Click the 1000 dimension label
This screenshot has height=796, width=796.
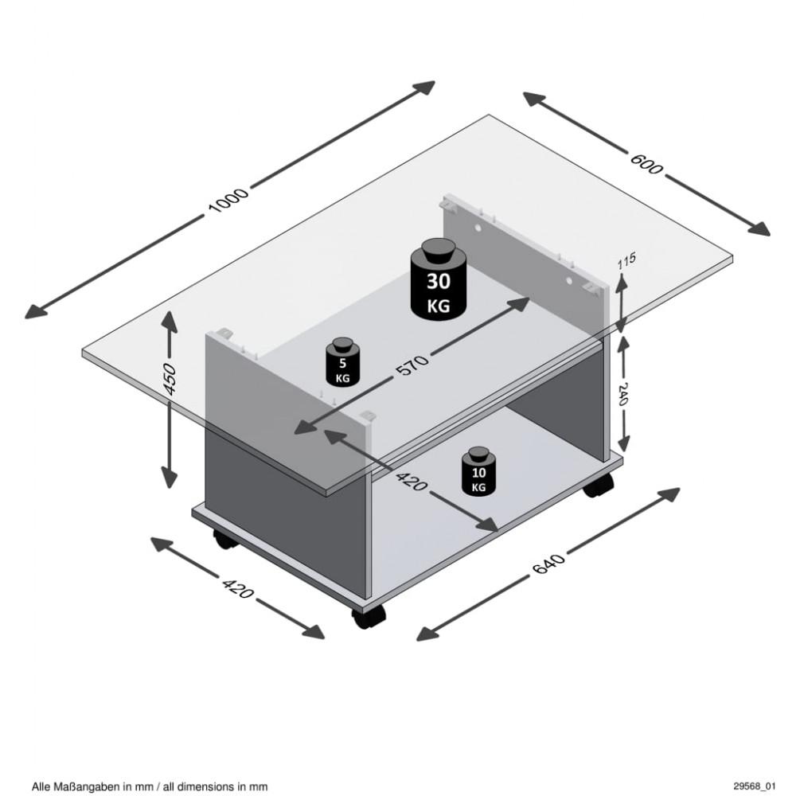coord(228,201)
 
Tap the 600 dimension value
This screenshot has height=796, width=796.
coord(646,163)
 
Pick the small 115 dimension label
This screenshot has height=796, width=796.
coord(626,261)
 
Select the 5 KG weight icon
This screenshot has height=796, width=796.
coord(342,362)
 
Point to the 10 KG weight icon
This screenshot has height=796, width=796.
coord(478,470)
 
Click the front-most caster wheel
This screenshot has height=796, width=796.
coord(369,616)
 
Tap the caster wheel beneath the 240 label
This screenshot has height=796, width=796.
coord(599,486)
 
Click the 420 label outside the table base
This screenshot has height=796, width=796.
coord(237,587)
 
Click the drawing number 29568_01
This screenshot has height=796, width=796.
coord(754,786)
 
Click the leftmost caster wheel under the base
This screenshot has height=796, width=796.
coord(225,540)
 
